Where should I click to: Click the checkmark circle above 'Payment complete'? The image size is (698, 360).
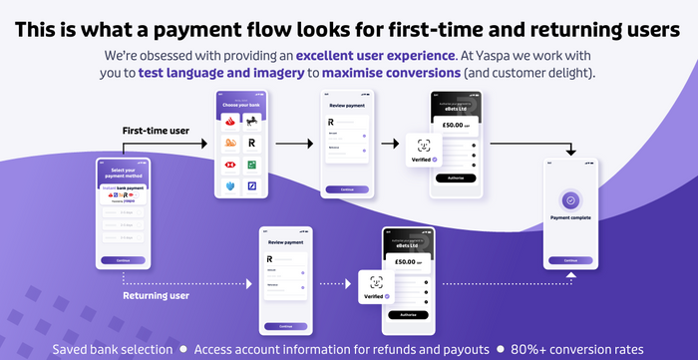pos(569,200)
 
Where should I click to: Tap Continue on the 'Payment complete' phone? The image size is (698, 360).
pos(569,259)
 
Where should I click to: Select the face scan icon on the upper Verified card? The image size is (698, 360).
pos(420,146)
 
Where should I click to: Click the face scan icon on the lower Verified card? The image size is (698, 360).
pos(376,282)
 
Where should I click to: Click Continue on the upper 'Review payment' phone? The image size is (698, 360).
pos(347,188)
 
